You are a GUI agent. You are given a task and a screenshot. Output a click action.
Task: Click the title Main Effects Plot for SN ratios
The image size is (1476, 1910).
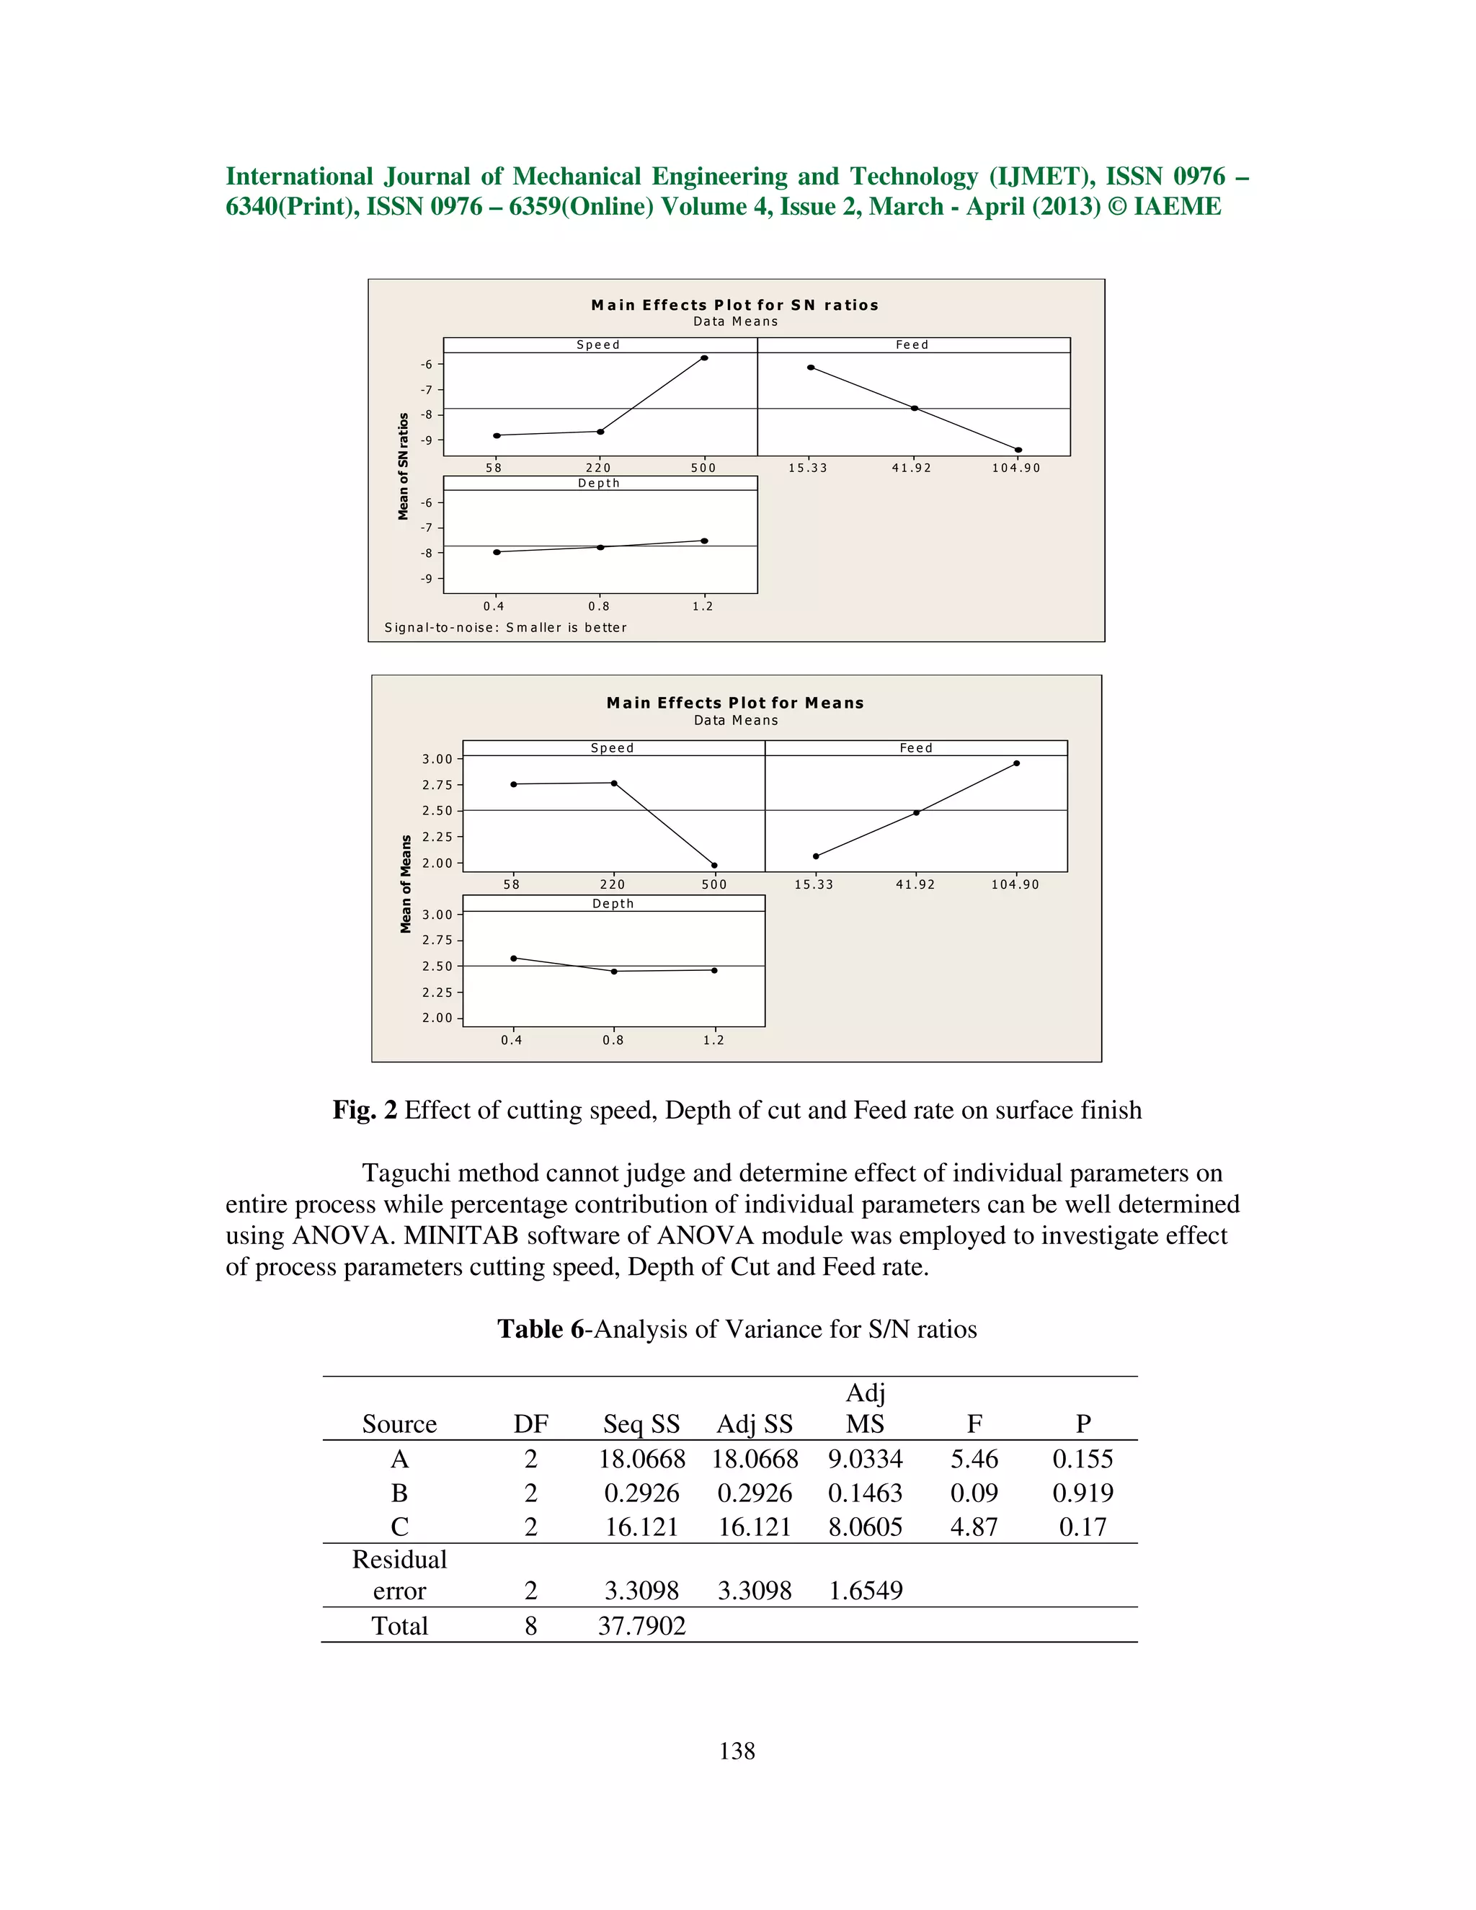pos(734,305)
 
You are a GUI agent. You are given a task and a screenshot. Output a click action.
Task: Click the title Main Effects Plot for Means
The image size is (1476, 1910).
pos(734,703)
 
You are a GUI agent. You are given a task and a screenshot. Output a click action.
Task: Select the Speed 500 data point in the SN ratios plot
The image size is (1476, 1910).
pos(705,357)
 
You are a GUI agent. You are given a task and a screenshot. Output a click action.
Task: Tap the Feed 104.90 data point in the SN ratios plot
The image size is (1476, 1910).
pos(1018,450)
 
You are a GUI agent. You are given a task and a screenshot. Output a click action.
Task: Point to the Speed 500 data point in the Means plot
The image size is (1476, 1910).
pos(714,866)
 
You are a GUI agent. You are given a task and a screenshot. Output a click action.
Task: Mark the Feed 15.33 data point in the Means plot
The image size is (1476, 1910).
pos(816,856)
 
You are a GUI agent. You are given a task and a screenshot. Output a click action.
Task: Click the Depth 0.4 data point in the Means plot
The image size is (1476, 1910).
pos(513,959)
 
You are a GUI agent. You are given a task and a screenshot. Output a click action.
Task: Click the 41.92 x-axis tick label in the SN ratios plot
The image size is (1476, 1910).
pos(912,468)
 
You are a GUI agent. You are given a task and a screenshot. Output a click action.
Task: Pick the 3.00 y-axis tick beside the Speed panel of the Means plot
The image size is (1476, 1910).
pos(437,759)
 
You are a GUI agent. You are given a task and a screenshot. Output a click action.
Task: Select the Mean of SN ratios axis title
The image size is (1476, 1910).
pos(403,467)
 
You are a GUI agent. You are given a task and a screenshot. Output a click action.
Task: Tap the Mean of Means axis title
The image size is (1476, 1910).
pos(406,884)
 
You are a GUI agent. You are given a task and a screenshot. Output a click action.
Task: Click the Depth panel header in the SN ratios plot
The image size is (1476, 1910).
pos(599,484)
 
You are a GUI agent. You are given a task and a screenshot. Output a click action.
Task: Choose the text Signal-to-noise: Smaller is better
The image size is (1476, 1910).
pos(505,628)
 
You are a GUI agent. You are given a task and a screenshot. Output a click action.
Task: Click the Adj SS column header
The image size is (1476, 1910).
pos(754,1425)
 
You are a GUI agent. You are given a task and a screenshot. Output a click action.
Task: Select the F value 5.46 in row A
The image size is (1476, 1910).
pos(974,1460)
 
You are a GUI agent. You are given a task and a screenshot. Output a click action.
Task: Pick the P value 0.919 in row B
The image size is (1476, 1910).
pos(1082,1493)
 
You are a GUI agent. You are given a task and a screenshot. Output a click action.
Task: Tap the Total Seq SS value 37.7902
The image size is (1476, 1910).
pos(642,1627)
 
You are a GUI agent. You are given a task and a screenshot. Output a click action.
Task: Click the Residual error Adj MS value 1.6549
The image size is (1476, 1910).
pos(865,1591)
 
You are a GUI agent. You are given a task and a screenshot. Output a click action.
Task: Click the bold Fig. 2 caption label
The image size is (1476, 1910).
pos(365,1111)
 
